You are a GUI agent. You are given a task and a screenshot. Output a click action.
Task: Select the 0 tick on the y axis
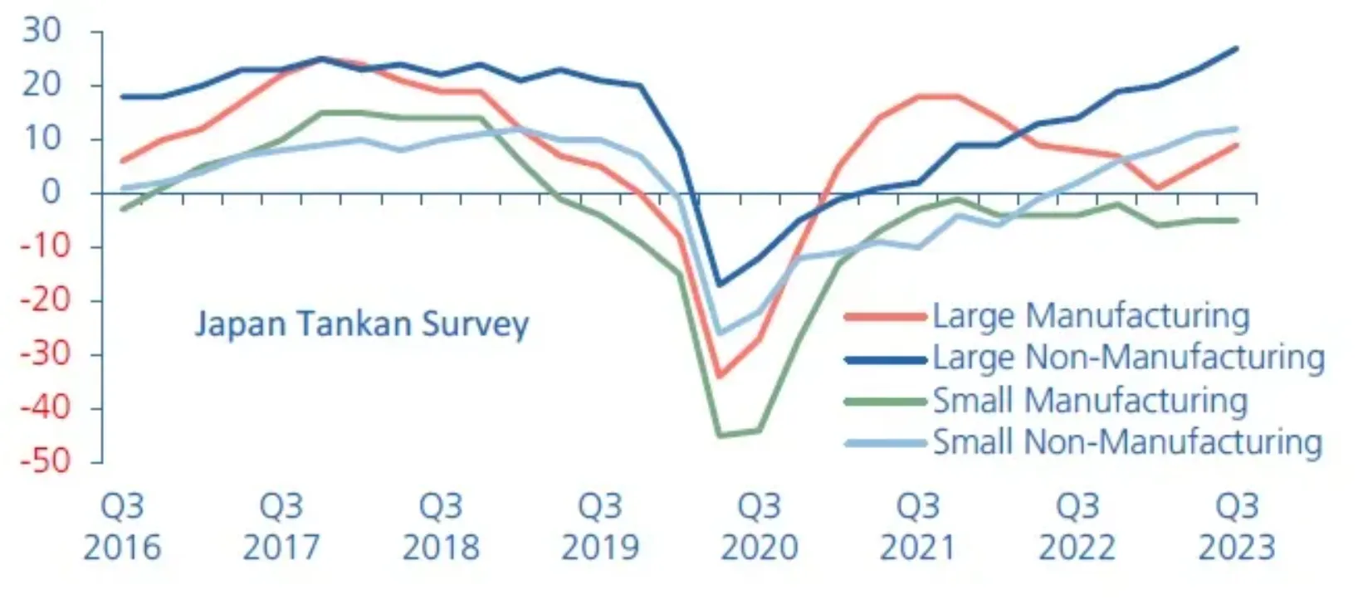coord(51,192)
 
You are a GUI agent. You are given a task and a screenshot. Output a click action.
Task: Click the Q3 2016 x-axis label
coord(122,526)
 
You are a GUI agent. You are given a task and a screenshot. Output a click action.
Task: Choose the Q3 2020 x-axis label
coord(760,526)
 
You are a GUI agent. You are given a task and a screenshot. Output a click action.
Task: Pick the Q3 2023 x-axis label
coord(1237,526)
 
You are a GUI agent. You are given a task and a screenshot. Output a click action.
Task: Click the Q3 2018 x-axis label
coord(441,526)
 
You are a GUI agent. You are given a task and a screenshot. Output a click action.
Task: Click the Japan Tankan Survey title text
coord(361,324)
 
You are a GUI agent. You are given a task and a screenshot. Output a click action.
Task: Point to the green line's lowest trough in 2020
coord(719,435)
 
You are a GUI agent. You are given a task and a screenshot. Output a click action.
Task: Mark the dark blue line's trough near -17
coord(719,285)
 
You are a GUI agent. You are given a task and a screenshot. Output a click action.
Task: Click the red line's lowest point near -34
coord(719,376)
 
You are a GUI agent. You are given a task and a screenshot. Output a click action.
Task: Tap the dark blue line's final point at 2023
coord(1237,48)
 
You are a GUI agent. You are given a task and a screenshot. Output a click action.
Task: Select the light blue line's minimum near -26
coord(719,333)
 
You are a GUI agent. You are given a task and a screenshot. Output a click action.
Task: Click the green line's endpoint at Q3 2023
coord(1237,220)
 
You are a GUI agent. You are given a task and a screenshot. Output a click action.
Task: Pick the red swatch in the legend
coord(885,317)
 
